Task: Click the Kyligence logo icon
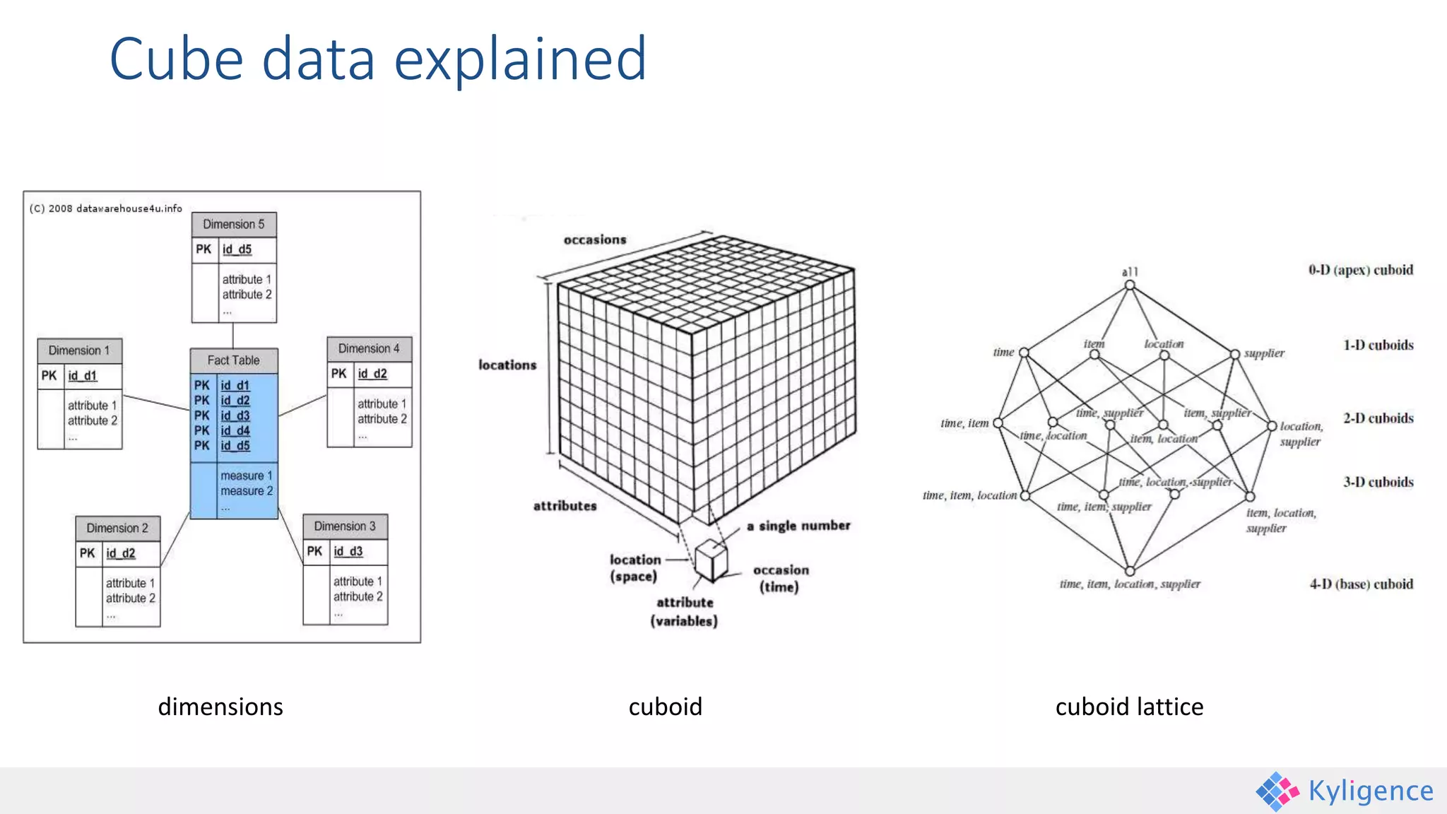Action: pyautogui.click(x=1277, y=791)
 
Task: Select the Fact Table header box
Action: pyautogui.click(x=234, y=360)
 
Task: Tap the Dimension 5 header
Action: pyautogui.click(x=234, y=224)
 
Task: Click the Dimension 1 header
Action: pyautogui.click(x=79, y=350)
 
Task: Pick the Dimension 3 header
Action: pyautogui.click(x=345, y=526)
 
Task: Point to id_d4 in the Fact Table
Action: pyautogui.click(x=235, y=430)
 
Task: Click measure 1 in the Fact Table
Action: pyautogui.click(x=246, y=476)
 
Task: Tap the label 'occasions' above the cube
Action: pyautogui.click(x=595, y=240)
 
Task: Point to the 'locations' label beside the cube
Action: pyautogui.click(x=507, y=365)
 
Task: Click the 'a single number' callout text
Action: pyautogui.click(x=798, y=526)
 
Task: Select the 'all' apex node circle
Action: pyautogui.click(x=1130, y=285)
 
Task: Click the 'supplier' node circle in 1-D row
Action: pyautogui.click(x=1234, y=354)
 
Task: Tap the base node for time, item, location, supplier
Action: pyautogui.click(x=1130, y=571)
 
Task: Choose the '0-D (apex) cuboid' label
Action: pyautogui.click(x=1360, y=270)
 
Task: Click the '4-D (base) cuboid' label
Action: pyautogui.click(x=1361, y=584)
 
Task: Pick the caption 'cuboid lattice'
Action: pyautogui.click(x=1129, y=707)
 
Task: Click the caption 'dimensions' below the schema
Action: pyautogui.click(x=220, y=707)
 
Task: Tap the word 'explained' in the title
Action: pyautogui.click(x=520, y=59)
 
